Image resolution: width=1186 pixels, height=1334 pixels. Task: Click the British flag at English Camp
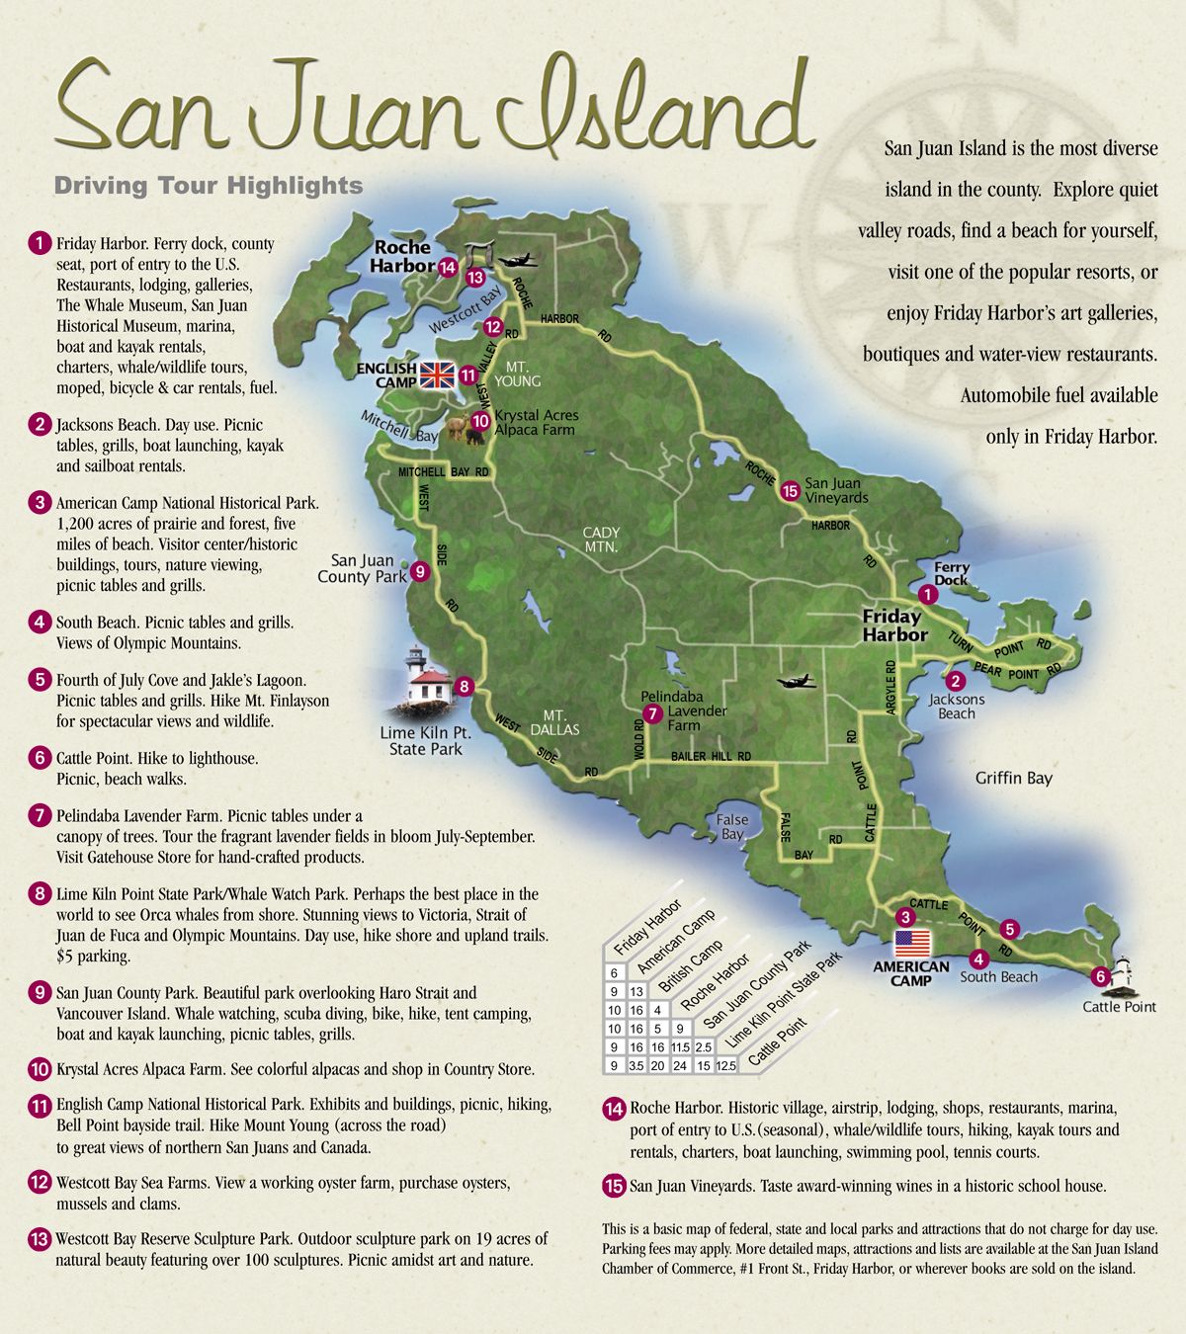pyautogui.click(x=434, y=375)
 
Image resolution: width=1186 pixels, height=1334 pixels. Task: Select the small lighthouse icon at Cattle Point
pyautogui.click(x=1124, y=973)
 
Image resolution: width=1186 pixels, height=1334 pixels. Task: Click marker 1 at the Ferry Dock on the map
pyautogui.click(x=927, y=595)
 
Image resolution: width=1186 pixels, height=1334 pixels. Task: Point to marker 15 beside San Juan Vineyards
pyautogui.click(x=789, y=490)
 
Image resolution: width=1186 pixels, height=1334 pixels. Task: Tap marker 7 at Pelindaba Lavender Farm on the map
pyautogui.click(x=651, y=713)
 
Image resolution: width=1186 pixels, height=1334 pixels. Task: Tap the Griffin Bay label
pyautogui.click(x=1013, y=778)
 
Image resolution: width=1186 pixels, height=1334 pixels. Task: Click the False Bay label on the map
pyautogui.click(x=732, y=827)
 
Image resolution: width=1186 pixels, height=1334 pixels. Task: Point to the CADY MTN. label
pyautogui.click(x=600, y=540)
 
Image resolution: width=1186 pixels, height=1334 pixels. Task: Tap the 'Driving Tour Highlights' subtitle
pyautogui.click(x=209, y=186)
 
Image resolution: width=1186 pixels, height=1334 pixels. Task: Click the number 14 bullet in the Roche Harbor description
pyautogui.click(x=614, y=1109)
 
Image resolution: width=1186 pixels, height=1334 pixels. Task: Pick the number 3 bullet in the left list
pyautogui.click(x=40, y=502)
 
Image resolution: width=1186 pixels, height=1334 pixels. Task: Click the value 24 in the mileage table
pyautogui.click(x=680, y=1066)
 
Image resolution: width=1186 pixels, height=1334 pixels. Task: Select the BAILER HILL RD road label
pyautogui.click(x=712, y=757)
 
